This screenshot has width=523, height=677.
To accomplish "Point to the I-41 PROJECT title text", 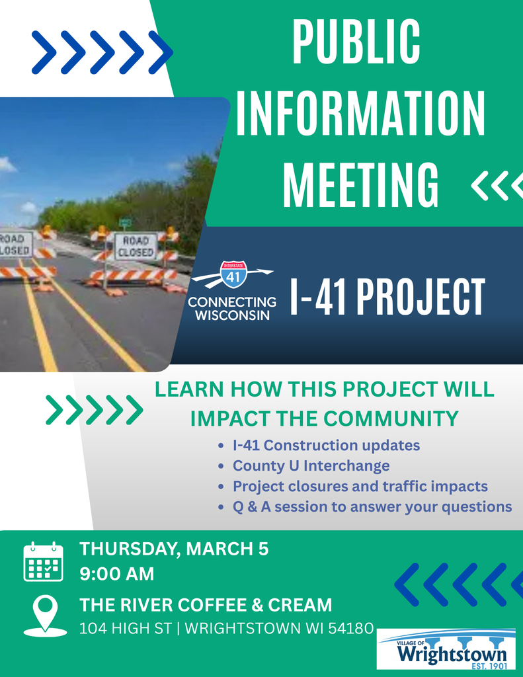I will pyautogui.click(x=387, y=297).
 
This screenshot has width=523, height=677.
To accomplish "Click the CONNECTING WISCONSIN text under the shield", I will pyautogui.click(x=232, y=308).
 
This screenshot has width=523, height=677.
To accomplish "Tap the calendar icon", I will pyautogui.click(x=43, y=562).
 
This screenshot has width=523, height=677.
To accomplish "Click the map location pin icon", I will pyautogui.click(x=45, y=613).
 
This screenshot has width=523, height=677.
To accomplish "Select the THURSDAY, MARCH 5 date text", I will pyautogui.click(x=174, y=549).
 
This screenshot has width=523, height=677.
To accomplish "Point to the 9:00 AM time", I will pyautogui.click(x=116, y=574).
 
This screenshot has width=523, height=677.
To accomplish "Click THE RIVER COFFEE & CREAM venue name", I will pyautogui.click(x=206, y=605).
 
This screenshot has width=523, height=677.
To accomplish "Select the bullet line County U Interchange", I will pyautogui.click(x=311, y=466).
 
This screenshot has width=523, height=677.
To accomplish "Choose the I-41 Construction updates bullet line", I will pyautogui.click(x=326, y=446).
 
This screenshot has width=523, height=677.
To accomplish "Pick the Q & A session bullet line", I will pyautogui.click(x=372, y=507).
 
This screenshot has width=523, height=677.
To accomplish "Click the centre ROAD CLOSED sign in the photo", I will pyautogui.click(x=136, y=246).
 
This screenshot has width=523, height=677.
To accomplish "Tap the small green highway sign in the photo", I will pyautogui.click(x=125, y=222).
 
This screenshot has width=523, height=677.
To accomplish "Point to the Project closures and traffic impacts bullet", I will pyautogui.click(x=360, y=487).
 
